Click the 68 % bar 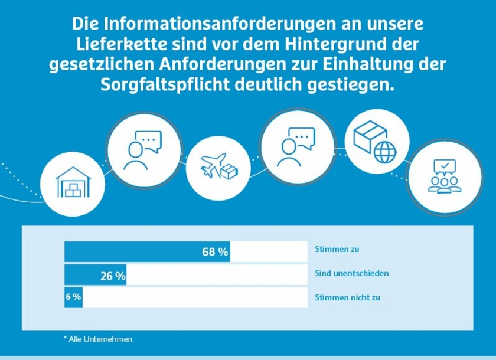(x=146, y=251)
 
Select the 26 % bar (x=95, y=275)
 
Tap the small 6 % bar (x=73, y=297)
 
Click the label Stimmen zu (x=337, y=250)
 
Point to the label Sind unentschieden (x=352, y=273)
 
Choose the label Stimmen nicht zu (x=348, y=297)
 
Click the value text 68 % (x=215, y=252)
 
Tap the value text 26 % (x=113, y=276)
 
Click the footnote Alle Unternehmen (x=98, y=339)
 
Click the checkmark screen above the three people (x=444, y=166)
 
